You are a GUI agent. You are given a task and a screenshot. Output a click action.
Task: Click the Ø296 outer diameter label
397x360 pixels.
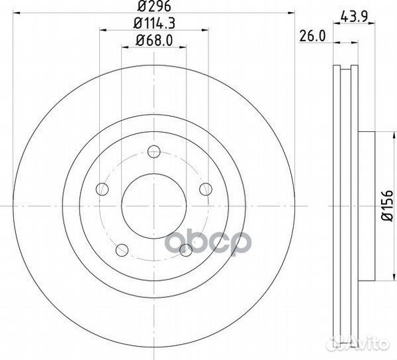pyautogui.click(x=153, y=9)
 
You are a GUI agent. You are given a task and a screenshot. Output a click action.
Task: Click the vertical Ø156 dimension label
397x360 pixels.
pyautogui.click(x=387, y=207)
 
